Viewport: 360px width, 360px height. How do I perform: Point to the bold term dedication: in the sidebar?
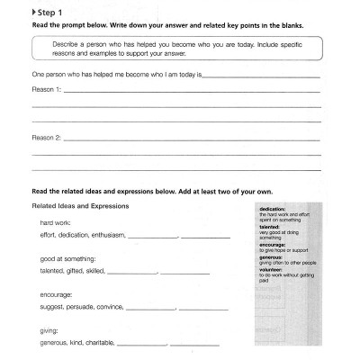[273, 208]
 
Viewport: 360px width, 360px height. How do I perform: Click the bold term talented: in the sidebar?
[269, 226]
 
